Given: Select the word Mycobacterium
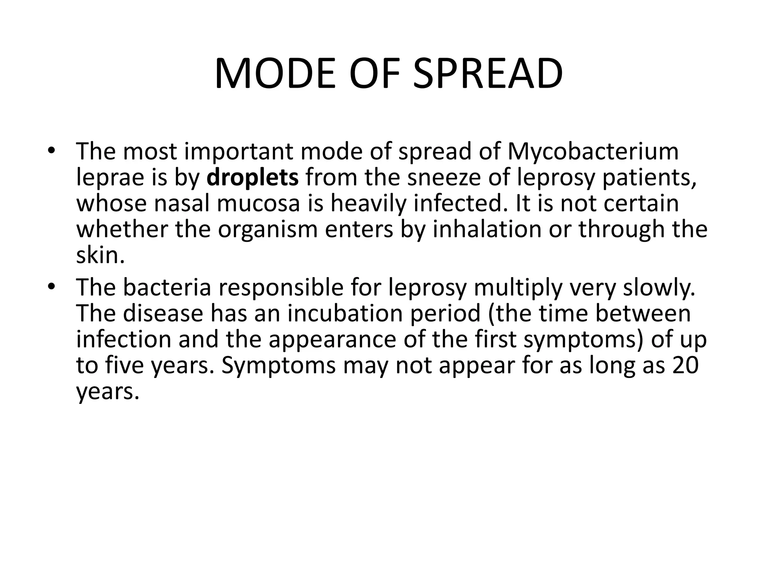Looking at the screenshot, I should (x=593, y=152).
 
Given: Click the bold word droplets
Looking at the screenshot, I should (x=253, y=178).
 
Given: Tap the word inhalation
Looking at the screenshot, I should (x=487, y=229).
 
